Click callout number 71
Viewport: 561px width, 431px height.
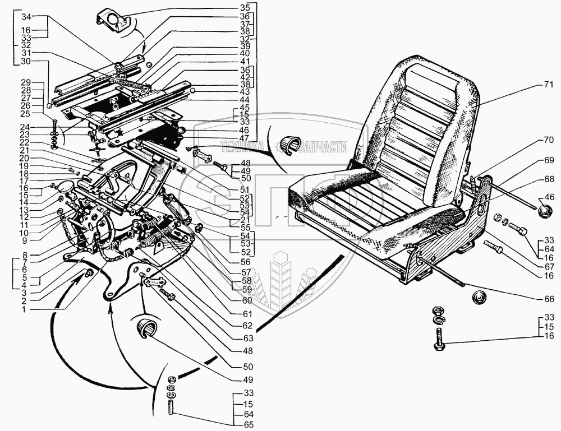pos(549,85)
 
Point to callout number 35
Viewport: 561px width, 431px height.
pos(244,8)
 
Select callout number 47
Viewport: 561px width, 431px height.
pos(244,138)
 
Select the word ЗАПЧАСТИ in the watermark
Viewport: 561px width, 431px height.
pos(324,147)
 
